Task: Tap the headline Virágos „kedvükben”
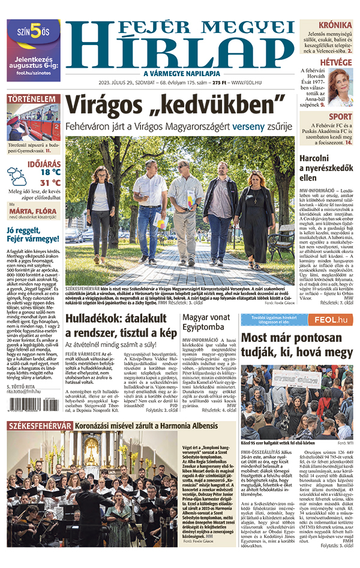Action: click(x=174, y=106)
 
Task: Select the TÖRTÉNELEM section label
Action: click(x=32, y=98)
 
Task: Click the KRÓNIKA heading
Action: click(x=335, y=25)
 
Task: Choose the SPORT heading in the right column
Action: click(x=340, y=117)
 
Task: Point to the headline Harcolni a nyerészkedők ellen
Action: click(x=325, y=167)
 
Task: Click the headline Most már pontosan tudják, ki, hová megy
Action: click(x=298, y=344)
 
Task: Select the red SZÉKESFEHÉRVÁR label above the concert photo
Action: click(x=40, y=426)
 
